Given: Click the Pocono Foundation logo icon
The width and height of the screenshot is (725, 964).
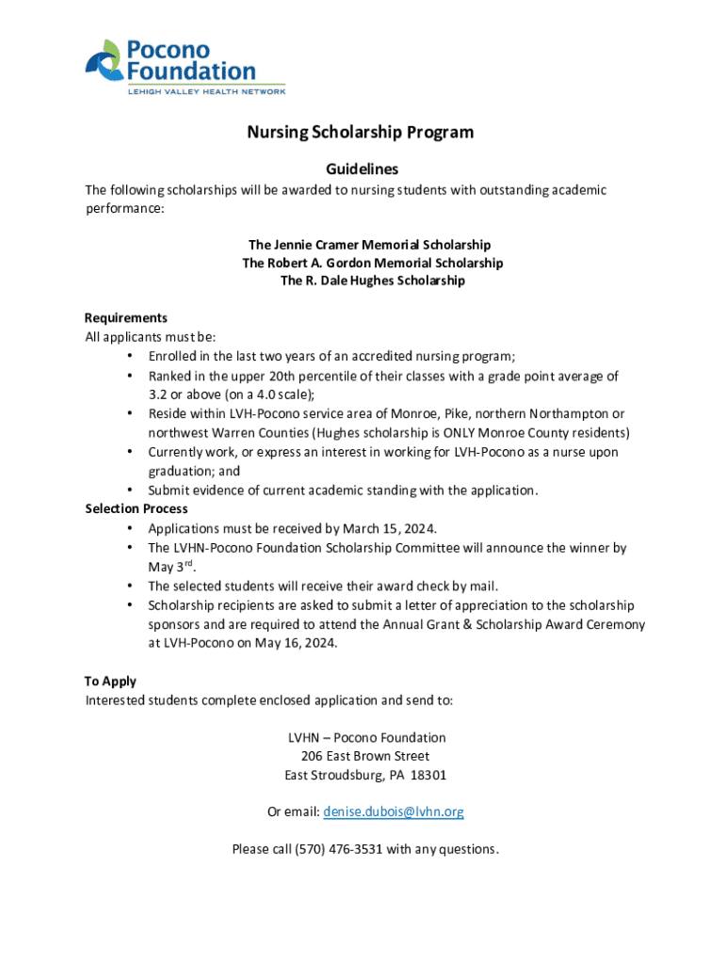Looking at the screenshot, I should click(103, 59).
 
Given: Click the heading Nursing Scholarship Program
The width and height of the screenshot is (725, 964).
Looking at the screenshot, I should click(361, 133).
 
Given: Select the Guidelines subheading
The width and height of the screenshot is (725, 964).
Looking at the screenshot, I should click(362, 169).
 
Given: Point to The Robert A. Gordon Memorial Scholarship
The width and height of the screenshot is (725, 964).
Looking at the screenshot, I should click(372, 263).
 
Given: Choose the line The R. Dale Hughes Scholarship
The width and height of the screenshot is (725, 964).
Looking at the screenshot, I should click(372, 281).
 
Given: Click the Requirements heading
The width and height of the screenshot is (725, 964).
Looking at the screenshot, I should click(126, 318).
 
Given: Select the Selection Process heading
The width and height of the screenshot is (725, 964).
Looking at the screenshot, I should click(136, 509).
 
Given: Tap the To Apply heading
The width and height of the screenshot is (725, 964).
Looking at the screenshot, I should click(110, 682).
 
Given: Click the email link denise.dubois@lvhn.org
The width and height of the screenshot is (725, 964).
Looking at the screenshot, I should click(394, 811).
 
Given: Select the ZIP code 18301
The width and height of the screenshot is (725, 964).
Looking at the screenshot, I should click(426, 776).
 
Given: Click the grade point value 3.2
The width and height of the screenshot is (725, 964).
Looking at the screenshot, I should click(157, 394).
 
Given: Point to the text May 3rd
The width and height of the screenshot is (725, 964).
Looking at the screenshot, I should click(170, 566).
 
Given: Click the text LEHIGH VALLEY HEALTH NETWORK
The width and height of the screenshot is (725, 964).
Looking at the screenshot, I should click(206, 91).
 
